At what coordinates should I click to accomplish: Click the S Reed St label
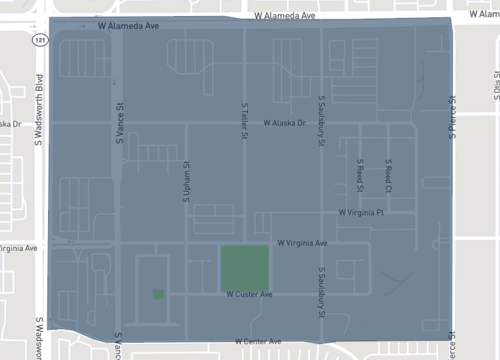click(359, 174)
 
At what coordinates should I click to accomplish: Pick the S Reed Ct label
click(389, 174)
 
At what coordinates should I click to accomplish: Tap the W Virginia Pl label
click(361, 213)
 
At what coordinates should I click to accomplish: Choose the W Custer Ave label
click(249, 295)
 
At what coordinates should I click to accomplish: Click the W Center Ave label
click(264, 343)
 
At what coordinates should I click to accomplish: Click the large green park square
click(245, 267)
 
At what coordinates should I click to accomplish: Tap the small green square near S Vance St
click(159, 294)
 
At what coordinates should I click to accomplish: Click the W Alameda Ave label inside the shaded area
click(129, 27)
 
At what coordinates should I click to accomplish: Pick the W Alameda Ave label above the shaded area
click(286, 17)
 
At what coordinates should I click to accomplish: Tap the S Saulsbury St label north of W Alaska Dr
click(321, 119)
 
